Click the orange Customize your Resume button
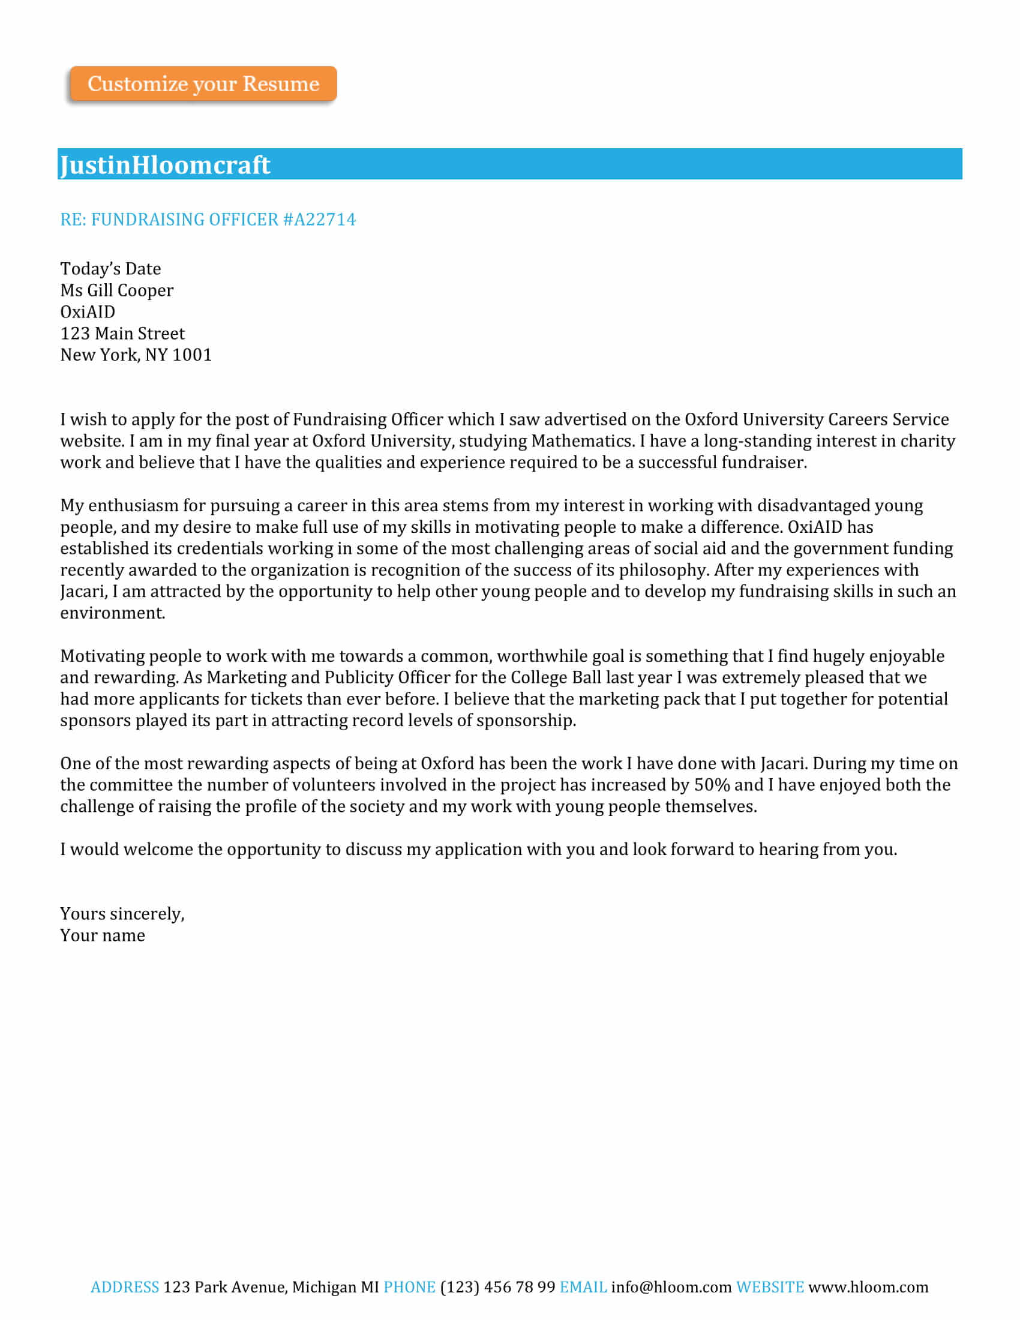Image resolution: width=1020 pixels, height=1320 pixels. point(203,83)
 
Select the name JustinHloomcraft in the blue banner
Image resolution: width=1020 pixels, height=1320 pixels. point(165,165)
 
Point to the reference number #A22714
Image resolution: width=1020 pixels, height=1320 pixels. point(319,220)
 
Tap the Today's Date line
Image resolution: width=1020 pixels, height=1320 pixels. point(110,268)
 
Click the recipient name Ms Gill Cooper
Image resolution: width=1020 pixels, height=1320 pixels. point(116,290)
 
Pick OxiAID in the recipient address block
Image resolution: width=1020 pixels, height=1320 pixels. point(88,312)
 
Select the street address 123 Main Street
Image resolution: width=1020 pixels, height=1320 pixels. point(122,333)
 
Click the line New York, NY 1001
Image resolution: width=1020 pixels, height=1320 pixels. point(136,355)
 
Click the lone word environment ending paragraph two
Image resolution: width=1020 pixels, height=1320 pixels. point(112,613)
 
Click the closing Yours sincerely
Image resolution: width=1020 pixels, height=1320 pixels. point(122,913)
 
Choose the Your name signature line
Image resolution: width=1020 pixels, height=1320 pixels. point(103,935)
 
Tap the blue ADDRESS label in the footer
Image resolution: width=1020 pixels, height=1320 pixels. point(124,1287)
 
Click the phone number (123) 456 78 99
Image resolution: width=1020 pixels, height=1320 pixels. point(497,1287)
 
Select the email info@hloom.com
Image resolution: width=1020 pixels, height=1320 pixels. point(671,1287)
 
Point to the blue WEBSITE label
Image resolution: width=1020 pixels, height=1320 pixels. point(770,1287)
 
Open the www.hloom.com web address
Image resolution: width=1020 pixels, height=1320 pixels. point(868,1287)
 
